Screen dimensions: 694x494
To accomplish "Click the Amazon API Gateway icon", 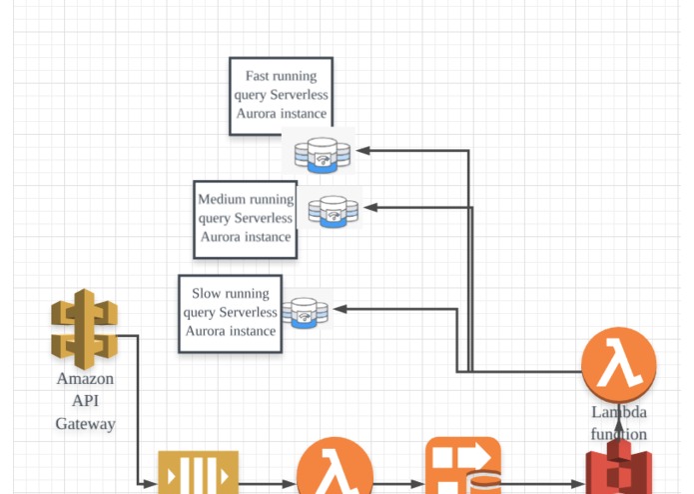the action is [x=84, y=329].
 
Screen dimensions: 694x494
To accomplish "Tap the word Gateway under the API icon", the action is [x=86, y=424].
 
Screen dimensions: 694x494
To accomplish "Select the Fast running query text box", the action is [x=281, y=96].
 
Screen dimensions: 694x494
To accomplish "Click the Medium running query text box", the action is [x=246, y=219].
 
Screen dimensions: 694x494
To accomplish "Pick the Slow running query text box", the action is [x=230, y=314].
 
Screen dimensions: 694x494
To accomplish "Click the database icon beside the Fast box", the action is [x=323, y=155].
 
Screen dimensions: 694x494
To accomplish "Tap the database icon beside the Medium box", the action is [x=334, y=211].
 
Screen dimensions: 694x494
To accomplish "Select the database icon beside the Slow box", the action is [x=305, y=313].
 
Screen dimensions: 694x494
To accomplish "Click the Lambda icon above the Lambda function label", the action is [x=619, y=364].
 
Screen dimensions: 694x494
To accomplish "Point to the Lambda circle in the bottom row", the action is [x=335, y=466].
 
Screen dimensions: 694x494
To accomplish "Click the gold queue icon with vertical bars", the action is [x=199, y=472].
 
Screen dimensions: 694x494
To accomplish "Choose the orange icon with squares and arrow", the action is [x=463, y=466].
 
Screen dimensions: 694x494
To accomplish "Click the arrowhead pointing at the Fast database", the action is [x=362, y=151].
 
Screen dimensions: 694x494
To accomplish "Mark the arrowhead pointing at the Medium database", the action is [x=370, y=207].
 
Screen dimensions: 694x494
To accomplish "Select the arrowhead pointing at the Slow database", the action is [x=340, y=309].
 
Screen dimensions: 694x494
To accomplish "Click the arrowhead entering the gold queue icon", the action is [x=151, y=484].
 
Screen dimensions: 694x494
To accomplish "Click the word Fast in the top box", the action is [x=258, y=76].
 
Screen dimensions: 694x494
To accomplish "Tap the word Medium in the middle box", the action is [x=221, y=199].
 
